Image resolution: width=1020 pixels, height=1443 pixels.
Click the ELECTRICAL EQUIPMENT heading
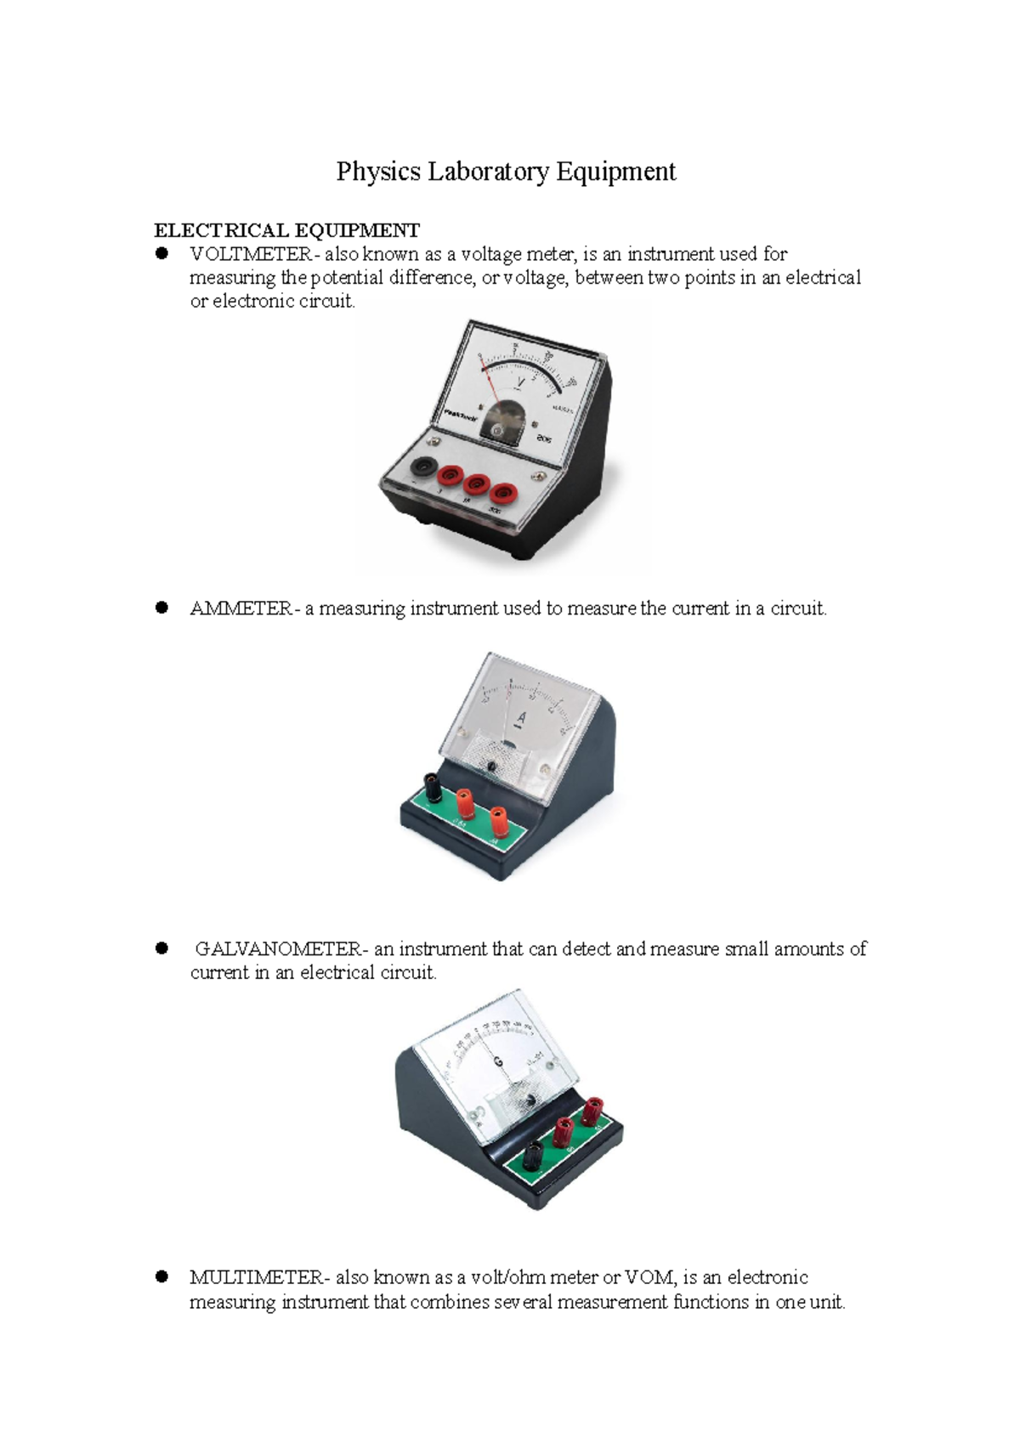(286, 230)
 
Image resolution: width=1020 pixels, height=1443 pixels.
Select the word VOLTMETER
(251, 254)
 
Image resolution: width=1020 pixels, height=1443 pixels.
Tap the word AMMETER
(241, 608)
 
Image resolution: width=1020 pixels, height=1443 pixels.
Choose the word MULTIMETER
(256, 1277)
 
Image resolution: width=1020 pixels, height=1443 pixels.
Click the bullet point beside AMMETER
(161, 608)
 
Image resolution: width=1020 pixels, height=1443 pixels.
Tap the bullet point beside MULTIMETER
(161, 1276)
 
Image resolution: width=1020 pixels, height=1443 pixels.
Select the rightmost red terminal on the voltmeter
(505, 492)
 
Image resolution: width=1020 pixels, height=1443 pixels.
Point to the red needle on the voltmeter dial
(489, 380)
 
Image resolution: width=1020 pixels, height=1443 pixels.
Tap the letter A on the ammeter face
(522, 719)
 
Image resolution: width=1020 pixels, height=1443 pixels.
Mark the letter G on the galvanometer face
(498, 1062)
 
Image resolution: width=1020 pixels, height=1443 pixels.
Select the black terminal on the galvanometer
(533, 1153)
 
